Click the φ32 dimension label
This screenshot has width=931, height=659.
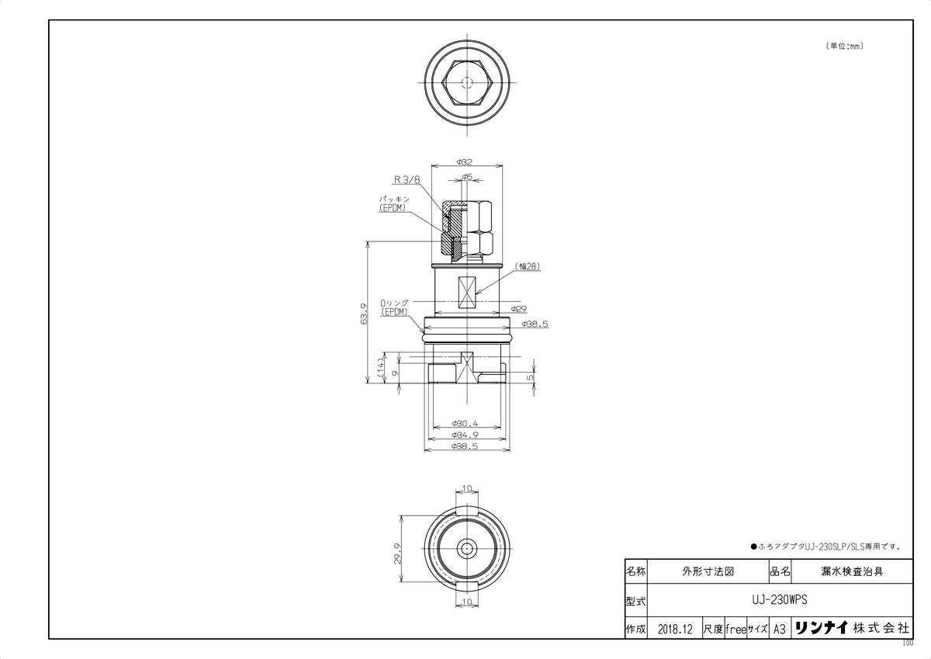[x=464, y=161]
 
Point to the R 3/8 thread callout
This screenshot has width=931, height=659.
[x=407, y=179]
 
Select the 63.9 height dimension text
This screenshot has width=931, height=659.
[x=365, y=314]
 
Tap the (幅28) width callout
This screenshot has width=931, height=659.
[x=528, y=266]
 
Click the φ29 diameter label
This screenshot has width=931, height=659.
[x=519, y=309]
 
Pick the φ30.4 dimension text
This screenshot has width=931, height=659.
[x=465, y=424]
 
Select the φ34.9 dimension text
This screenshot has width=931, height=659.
[x=465, y=435]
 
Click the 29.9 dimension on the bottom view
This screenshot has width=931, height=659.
[x=398, y=553]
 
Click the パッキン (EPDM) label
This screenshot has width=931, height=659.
[x=394, y=203]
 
